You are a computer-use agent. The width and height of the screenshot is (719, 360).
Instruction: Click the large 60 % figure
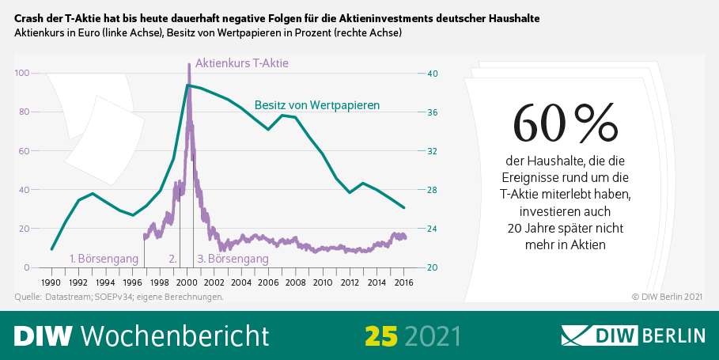coord(564,123)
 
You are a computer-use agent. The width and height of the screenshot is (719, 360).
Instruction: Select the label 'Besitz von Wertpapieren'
coord(317,104)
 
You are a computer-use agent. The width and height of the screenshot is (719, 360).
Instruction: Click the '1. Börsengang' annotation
coord(104,258)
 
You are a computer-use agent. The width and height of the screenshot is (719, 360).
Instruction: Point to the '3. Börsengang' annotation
coord(233,258)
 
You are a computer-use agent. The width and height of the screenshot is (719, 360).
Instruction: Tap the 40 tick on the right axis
coord(432,73)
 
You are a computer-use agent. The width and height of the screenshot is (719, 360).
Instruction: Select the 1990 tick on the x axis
coord(51,282)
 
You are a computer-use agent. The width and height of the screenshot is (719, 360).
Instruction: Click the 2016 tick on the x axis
coord(404,282)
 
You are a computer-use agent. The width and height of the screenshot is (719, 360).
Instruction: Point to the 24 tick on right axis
coord(432,229)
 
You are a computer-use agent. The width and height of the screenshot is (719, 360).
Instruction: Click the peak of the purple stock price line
coord(188,65)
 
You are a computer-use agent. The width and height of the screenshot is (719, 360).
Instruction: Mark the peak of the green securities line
coord(187,85)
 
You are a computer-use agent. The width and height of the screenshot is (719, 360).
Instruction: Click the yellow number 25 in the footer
coord(381,335)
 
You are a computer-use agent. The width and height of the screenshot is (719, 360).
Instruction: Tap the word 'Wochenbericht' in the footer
coord(175,335)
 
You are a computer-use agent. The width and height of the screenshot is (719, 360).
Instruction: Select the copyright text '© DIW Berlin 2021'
coord(667,297)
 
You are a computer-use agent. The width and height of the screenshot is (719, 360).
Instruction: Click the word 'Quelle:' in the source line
coord(28,297)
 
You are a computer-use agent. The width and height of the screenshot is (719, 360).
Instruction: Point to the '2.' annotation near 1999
coord(173,258)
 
